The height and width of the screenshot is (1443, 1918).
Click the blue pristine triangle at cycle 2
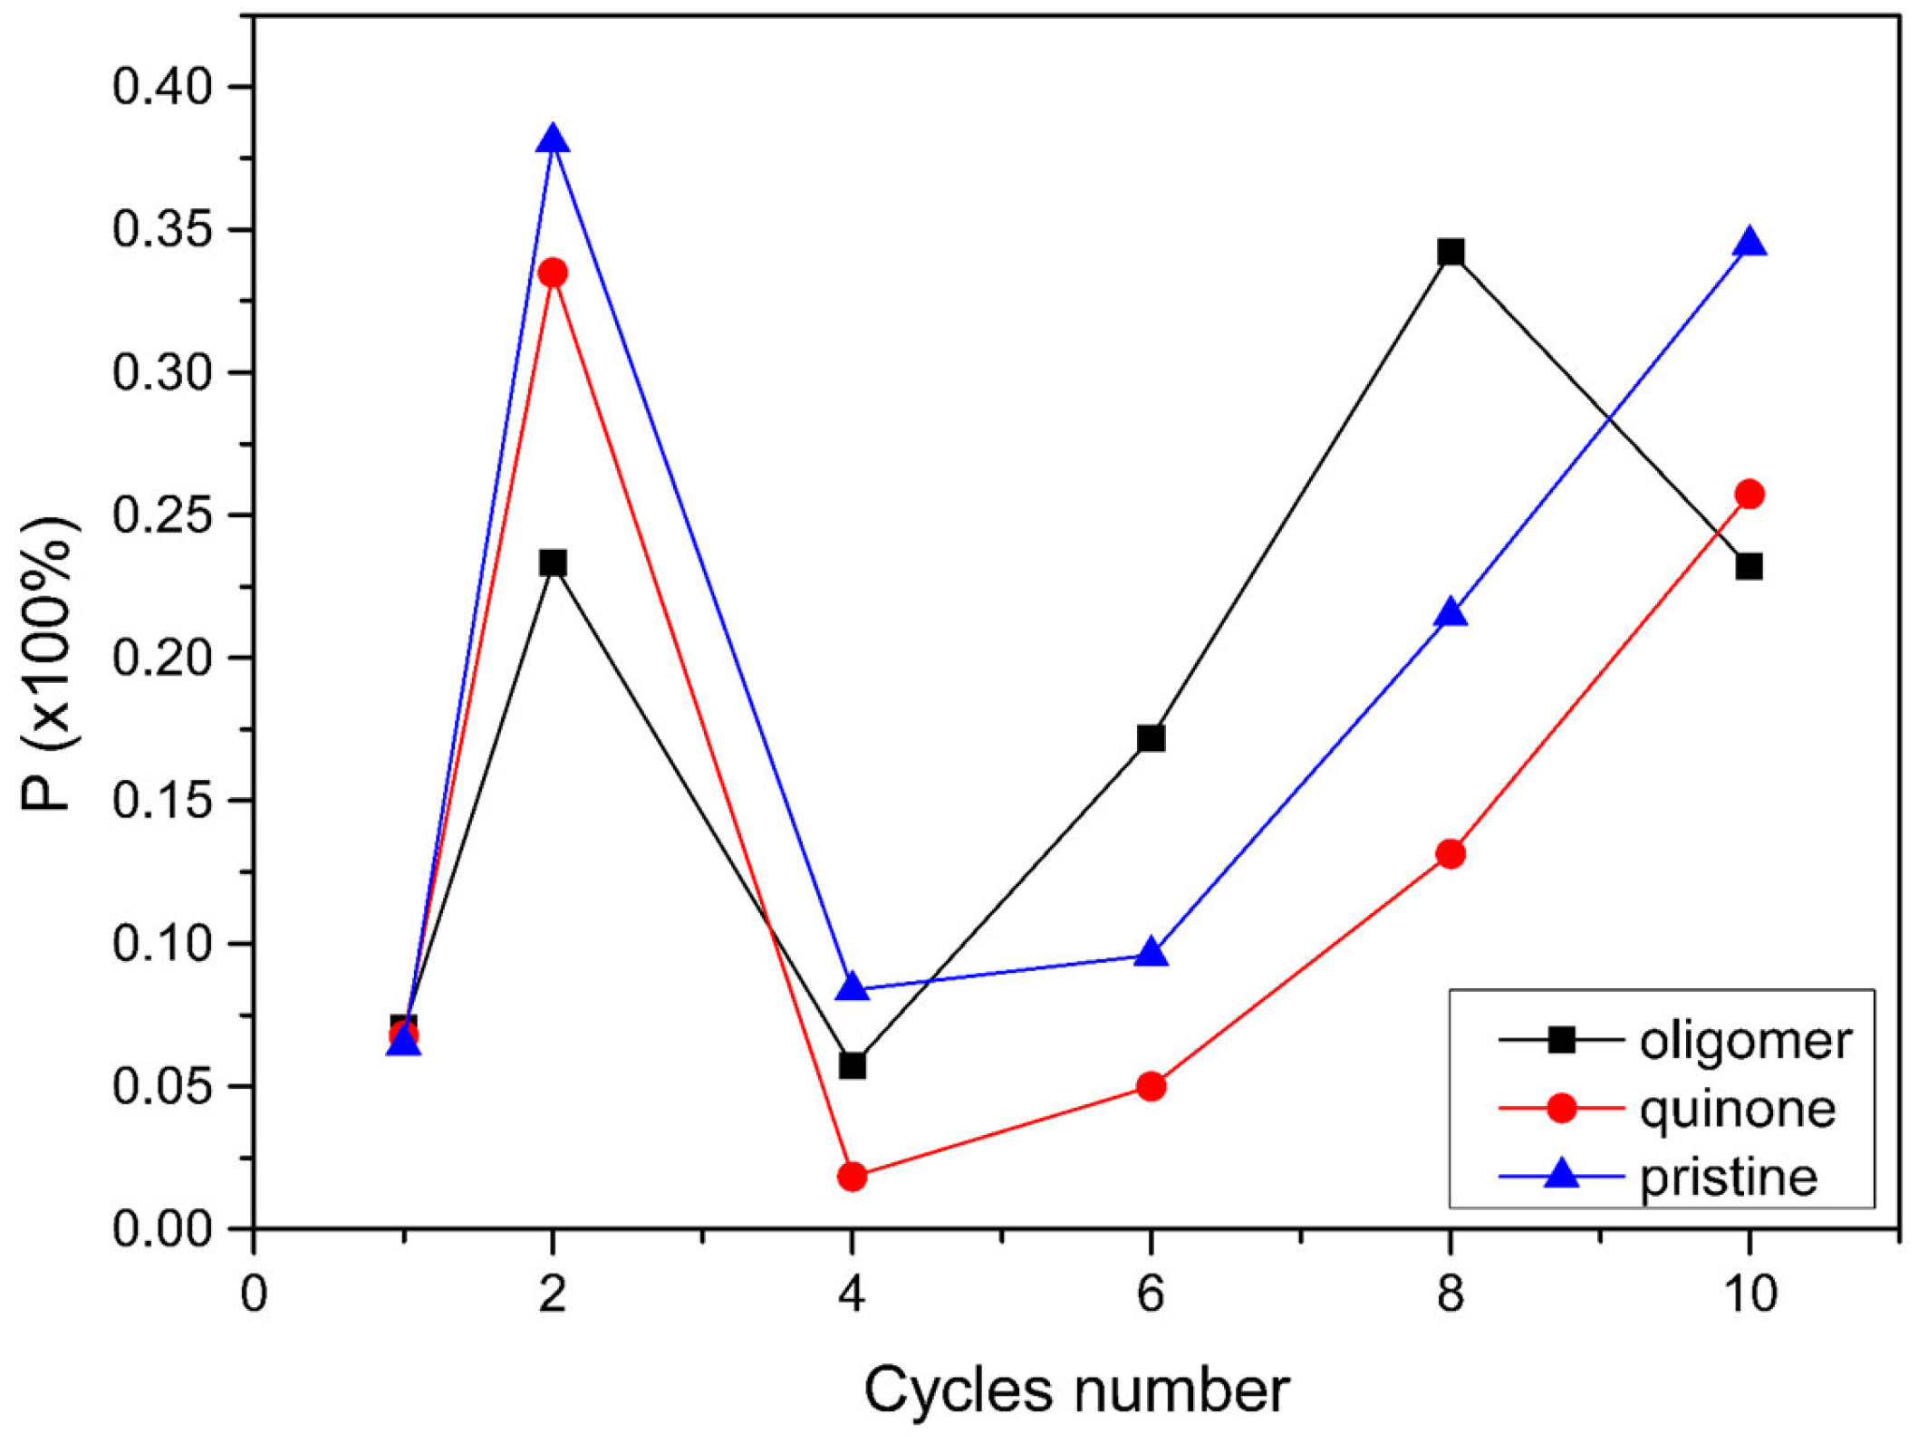[x=553, y=140]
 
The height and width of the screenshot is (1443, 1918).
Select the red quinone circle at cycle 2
[x=553, y=273]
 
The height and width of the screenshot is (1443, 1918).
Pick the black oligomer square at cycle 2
[x=553, y=563]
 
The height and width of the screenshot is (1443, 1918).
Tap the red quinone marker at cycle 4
[x=852, y=1177]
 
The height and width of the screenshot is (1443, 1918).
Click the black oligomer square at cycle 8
[x=1451, y=252]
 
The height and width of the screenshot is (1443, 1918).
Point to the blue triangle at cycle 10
[x=1749, y=244]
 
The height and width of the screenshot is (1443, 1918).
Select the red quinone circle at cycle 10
[x=1749, y=494]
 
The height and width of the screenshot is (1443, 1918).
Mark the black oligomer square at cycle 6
[x=1151, y=738]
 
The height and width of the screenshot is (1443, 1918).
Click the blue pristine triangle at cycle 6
[x=1151, y=954]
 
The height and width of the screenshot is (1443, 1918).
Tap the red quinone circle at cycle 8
[x=1451, y=853]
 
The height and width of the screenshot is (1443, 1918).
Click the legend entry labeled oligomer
[x=1745, y=1041]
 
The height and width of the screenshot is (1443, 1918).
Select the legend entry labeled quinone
[x=1737, y=1109]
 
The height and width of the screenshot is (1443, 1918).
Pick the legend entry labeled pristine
[x=1728, y=1177]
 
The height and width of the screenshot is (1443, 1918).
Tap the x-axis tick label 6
[x=1151, y=1294]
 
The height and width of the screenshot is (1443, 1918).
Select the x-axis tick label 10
[x=1749, y=1294]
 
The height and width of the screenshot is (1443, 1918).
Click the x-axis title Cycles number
[x=1075, y=1390]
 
